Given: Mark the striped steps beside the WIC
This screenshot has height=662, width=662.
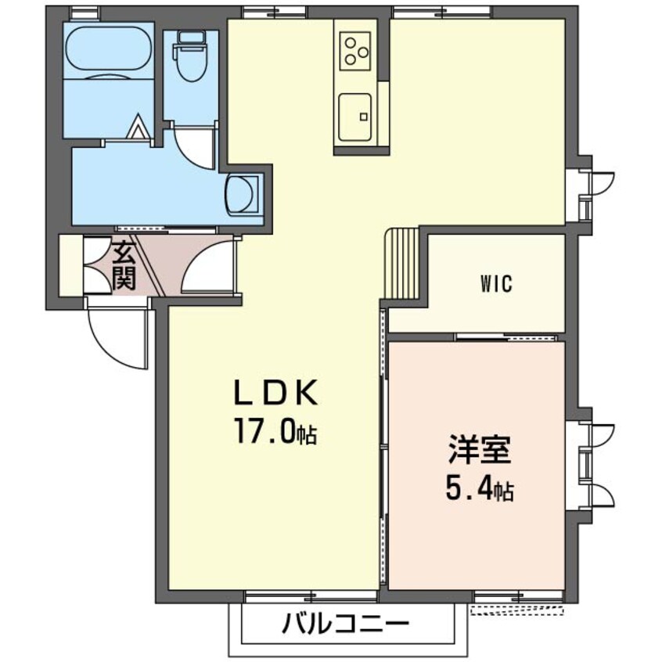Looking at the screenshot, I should (401, 264).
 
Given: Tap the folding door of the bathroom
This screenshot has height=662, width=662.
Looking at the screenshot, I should (138, 128).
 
